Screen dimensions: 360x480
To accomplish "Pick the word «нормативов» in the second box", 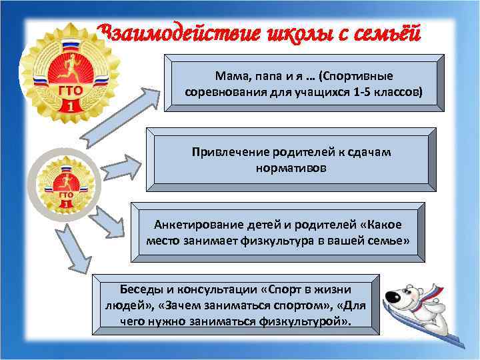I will pos(291,168).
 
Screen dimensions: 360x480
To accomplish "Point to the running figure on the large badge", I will pos(65,64).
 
